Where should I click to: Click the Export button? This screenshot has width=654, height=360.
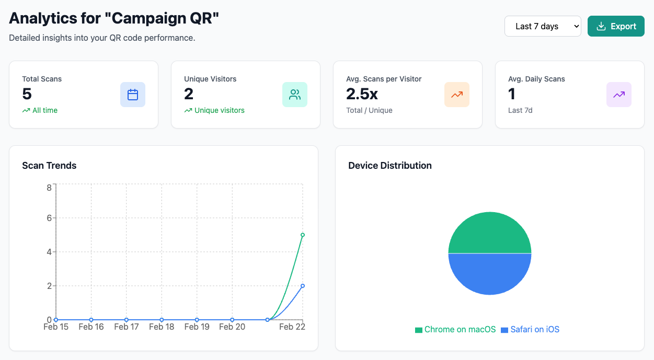616,26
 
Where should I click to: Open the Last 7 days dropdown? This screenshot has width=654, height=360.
542,26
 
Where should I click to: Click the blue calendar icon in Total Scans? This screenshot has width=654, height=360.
133,95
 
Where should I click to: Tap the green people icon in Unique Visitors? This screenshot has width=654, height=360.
295,95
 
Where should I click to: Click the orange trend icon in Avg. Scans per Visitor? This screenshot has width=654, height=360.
457,95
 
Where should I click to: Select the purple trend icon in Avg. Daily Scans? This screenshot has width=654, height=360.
619,95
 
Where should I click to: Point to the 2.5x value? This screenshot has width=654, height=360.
362,94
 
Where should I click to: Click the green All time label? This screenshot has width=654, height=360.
45,110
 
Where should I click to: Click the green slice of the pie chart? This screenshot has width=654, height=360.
490,233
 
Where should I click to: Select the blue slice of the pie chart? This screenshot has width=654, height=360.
490,274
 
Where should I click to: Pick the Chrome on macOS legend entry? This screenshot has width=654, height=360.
455,330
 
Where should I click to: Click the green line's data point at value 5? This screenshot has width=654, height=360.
303,235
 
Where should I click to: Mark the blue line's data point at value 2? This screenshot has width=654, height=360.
303,286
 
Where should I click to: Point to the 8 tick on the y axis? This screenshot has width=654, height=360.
49,187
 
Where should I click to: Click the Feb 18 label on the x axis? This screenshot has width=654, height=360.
162,327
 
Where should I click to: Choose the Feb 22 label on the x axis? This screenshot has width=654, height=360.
292,327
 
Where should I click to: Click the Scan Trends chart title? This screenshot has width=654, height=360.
49,166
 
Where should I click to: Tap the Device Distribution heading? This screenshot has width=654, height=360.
390,166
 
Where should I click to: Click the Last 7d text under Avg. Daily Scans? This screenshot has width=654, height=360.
520,110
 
